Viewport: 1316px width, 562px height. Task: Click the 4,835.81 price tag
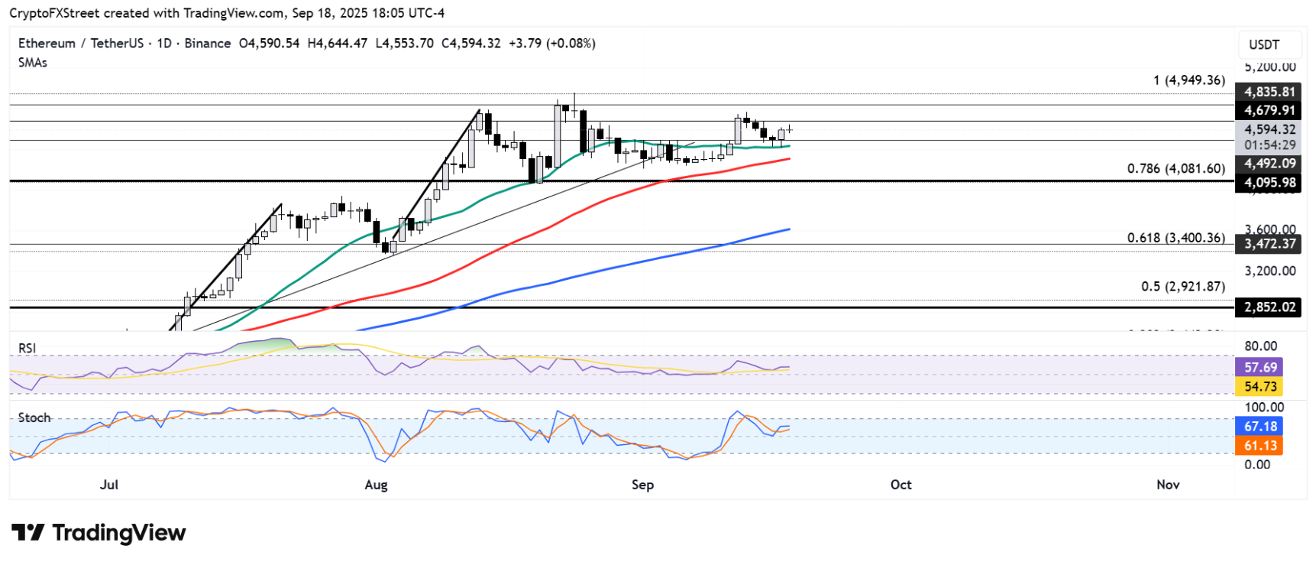pos(1269,92)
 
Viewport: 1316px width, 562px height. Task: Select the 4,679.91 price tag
pos(1269,111)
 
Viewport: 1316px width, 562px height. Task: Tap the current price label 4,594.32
pos(1269,130)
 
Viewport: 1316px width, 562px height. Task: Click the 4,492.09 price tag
pos(1269,164)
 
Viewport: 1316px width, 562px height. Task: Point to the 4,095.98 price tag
pos(1269,183)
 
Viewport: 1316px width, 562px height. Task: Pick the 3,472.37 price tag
pos(1269,244)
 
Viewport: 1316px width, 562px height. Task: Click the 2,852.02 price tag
pos(1269,307)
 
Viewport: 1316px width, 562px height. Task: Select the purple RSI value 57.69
pos(1259,368)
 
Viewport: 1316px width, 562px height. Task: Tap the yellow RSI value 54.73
pos(1259,387)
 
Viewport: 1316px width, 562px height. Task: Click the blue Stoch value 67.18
pos(1259,427)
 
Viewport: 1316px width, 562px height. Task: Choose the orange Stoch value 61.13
pos(1259,446)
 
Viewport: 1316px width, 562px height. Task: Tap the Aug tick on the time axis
pos(376,485)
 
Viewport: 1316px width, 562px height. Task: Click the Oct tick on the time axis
pos(901,485)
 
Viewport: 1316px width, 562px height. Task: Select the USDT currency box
pos(1263,44)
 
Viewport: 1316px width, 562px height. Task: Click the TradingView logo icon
pos(28,532)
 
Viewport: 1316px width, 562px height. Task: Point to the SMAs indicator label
pos(33,63)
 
